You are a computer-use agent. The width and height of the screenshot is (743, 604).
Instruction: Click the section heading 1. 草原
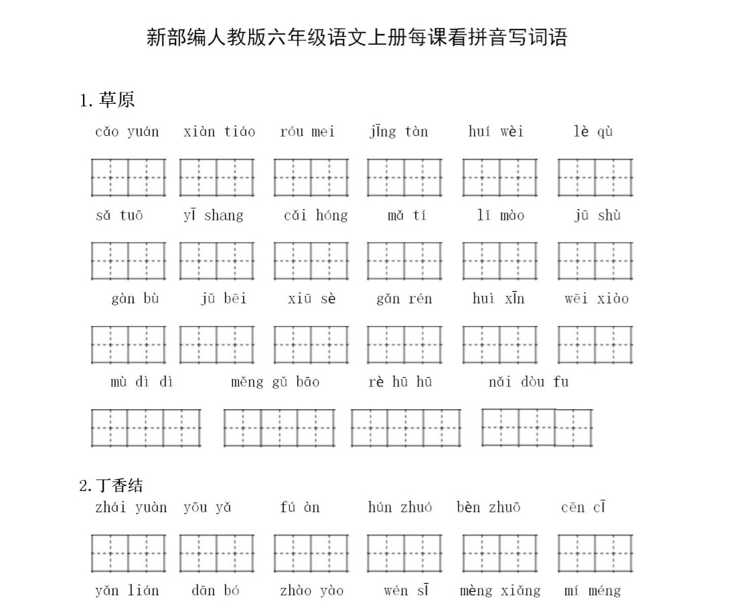coord(107,100)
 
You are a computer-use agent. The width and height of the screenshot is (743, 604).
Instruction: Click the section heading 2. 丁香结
coord(111,485)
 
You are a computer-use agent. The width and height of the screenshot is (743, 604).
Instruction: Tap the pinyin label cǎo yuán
coord(127,131)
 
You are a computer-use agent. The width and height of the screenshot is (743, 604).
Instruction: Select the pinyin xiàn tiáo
coord(219,131)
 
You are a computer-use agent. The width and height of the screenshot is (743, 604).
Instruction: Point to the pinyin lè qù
coord(593,131)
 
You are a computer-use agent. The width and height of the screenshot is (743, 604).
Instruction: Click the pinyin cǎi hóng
coord(315,215)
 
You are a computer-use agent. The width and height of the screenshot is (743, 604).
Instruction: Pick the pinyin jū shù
coord(597,215)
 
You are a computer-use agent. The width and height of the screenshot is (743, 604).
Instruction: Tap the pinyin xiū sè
coord(312,299)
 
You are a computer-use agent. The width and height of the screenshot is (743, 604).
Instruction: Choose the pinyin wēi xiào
coord(596,299)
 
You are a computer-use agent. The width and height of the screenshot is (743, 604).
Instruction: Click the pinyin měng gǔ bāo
coord(275,382)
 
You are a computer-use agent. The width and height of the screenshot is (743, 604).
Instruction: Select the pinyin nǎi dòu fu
coord(529,382)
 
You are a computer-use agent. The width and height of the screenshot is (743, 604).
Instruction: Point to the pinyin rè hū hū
coord(400,382)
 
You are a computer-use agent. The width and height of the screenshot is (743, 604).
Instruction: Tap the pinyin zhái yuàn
coord(131,507)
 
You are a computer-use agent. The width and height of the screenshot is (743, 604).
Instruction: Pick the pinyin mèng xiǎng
coord(500,591)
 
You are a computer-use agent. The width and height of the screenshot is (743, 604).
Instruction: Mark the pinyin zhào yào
coord(312,591)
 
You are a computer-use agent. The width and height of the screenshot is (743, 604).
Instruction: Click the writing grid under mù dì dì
coord(146,428)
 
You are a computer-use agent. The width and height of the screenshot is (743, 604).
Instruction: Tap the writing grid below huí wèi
coord(499,177)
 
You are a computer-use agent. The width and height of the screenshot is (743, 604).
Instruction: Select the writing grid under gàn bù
coord(129,344)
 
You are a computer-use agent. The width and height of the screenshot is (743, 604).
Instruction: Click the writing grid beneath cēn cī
coord(595,553)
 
